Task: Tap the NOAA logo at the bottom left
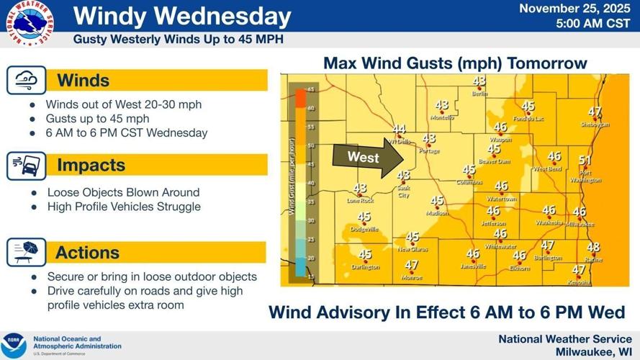[x=13, y=344]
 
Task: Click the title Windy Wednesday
[x=182, y=17]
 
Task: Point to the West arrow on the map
[x=364, y=157]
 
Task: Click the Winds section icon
[x=27, y=80]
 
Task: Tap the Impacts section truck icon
[x=27, y=166]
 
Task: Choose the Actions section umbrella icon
[x=27, y=253]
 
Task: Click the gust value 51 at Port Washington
[x=585, y=161]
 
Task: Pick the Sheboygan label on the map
[x=595, y=125]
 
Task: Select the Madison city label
[x=437, y=213]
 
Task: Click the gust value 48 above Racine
[x=593, y=248]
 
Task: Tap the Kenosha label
[x=578, y=282]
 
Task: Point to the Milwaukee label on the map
[x=580, y=224]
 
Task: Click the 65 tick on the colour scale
[x=312, y=89]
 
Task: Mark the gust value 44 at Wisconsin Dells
[x=399, y=130]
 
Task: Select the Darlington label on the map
[x=365, y=267]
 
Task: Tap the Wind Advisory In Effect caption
[x=446, y=313]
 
